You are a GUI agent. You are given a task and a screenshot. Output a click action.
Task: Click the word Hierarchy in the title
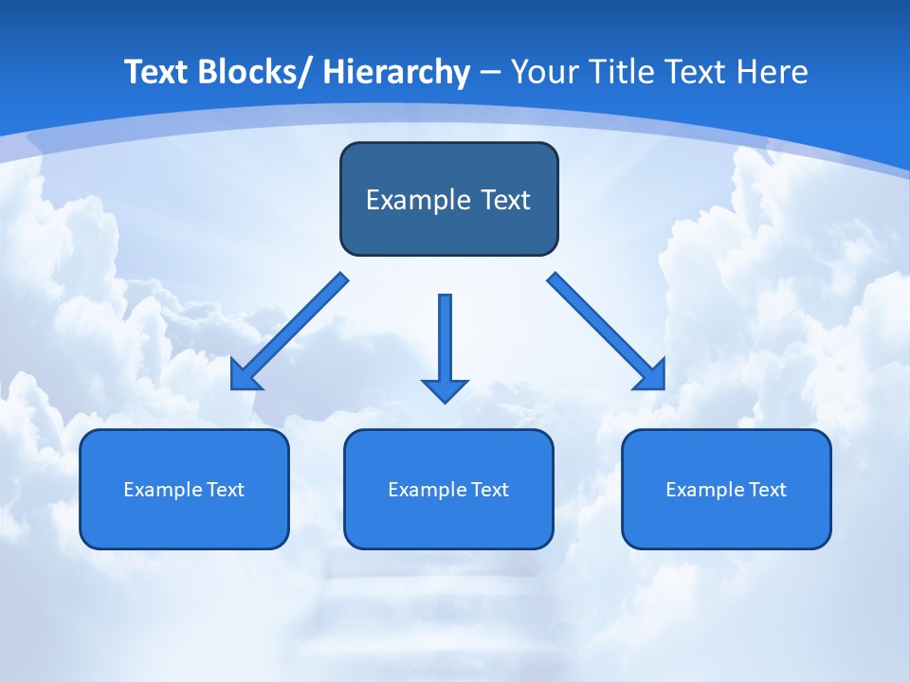pos(396,72)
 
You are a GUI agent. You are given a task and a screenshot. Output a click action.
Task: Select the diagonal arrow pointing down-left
pos(289,332)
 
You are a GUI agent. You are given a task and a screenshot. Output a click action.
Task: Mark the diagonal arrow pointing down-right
pos(607,332)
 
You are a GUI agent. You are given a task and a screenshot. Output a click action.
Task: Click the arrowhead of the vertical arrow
pos(445,389)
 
